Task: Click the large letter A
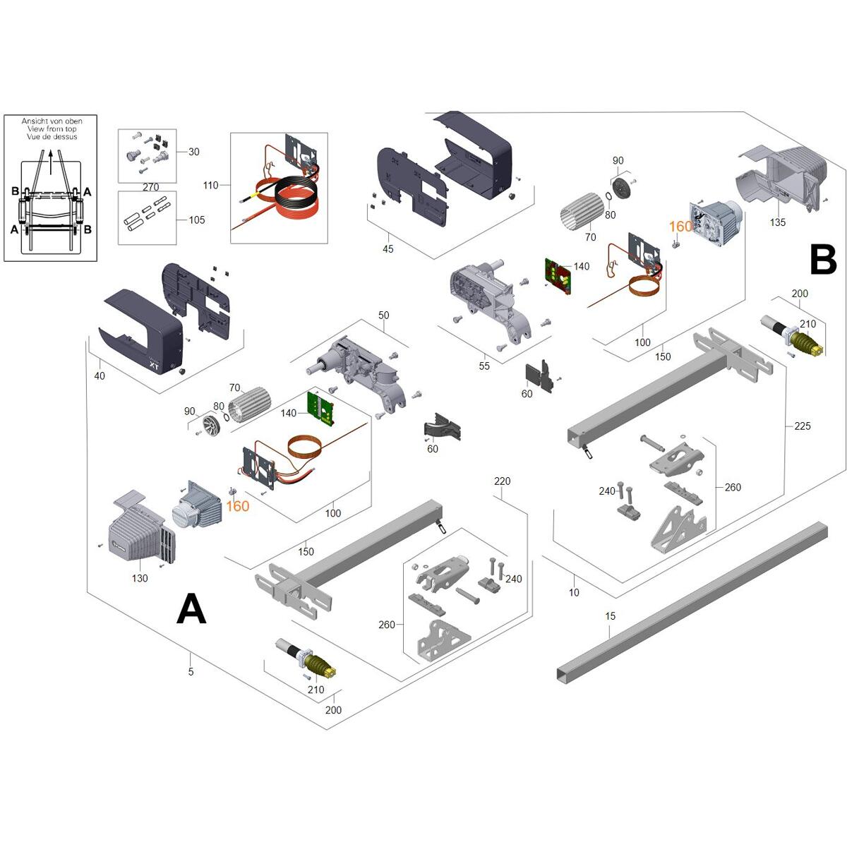pos(191,608)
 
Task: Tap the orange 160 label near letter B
pos(680,227)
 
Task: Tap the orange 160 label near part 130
pos(237,506)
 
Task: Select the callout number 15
pos(611,616)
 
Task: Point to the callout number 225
pos(802,426)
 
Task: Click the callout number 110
pos(210,186)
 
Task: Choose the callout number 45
pos(388,249)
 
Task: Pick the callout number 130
pos(140,578)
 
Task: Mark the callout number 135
pos(777,222)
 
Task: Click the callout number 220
pos(502,481)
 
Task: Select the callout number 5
pos(191,672)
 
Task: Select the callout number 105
pos(197,220)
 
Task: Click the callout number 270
pos(150,188)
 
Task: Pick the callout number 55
pos(483,366)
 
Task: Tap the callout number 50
pos(383,316)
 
